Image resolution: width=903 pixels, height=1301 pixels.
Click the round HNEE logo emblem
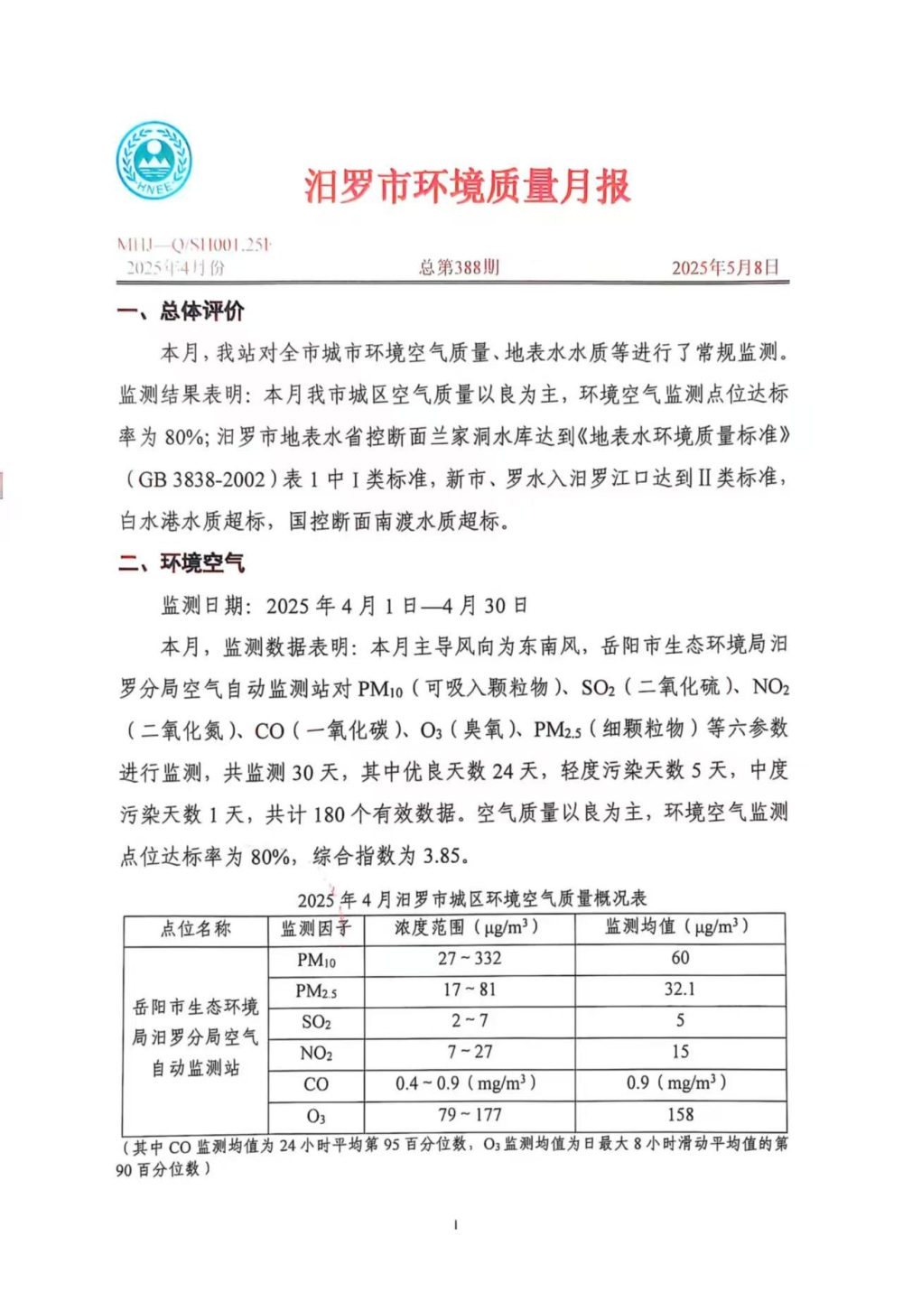(154, 161)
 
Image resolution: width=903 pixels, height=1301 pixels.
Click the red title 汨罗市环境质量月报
(467, 187)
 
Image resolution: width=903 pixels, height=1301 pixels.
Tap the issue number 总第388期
(459, 267)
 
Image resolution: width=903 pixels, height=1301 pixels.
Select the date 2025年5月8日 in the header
(725, 267)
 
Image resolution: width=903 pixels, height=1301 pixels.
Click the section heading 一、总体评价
(181, 311)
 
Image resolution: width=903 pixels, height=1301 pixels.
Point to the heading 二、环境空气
(182, 563)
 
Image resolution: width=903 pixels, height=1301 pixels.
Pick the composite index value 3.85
(446, 856)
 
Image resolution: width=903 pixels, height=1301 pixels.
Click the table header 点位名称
(196, 928)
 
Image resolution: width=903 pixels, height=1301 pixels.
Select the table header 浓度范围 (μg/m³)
(467, 927)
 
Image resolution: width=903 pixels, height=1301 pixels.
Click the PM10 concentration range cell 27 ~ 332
(469, 959)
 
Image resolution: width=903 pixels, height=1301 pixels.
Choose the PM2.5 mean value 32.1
(680, 990)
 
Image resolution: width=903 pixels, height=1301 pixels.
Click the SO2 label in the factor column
(316, 1022)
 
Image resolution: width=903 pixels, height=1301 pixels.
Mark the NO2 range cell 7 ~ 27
(470, 1052)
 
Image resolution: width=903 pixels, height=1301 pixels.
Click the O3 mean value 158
(680, 1114)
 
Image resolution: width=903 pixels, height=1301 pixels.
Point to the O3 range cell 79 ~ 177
(469, 1115)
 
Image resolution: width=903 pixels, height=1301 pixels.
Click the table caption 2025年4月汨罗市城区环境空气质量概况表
(471, 899)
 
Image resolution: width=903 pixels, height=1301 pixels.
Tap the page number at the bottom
(455, 1225)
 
